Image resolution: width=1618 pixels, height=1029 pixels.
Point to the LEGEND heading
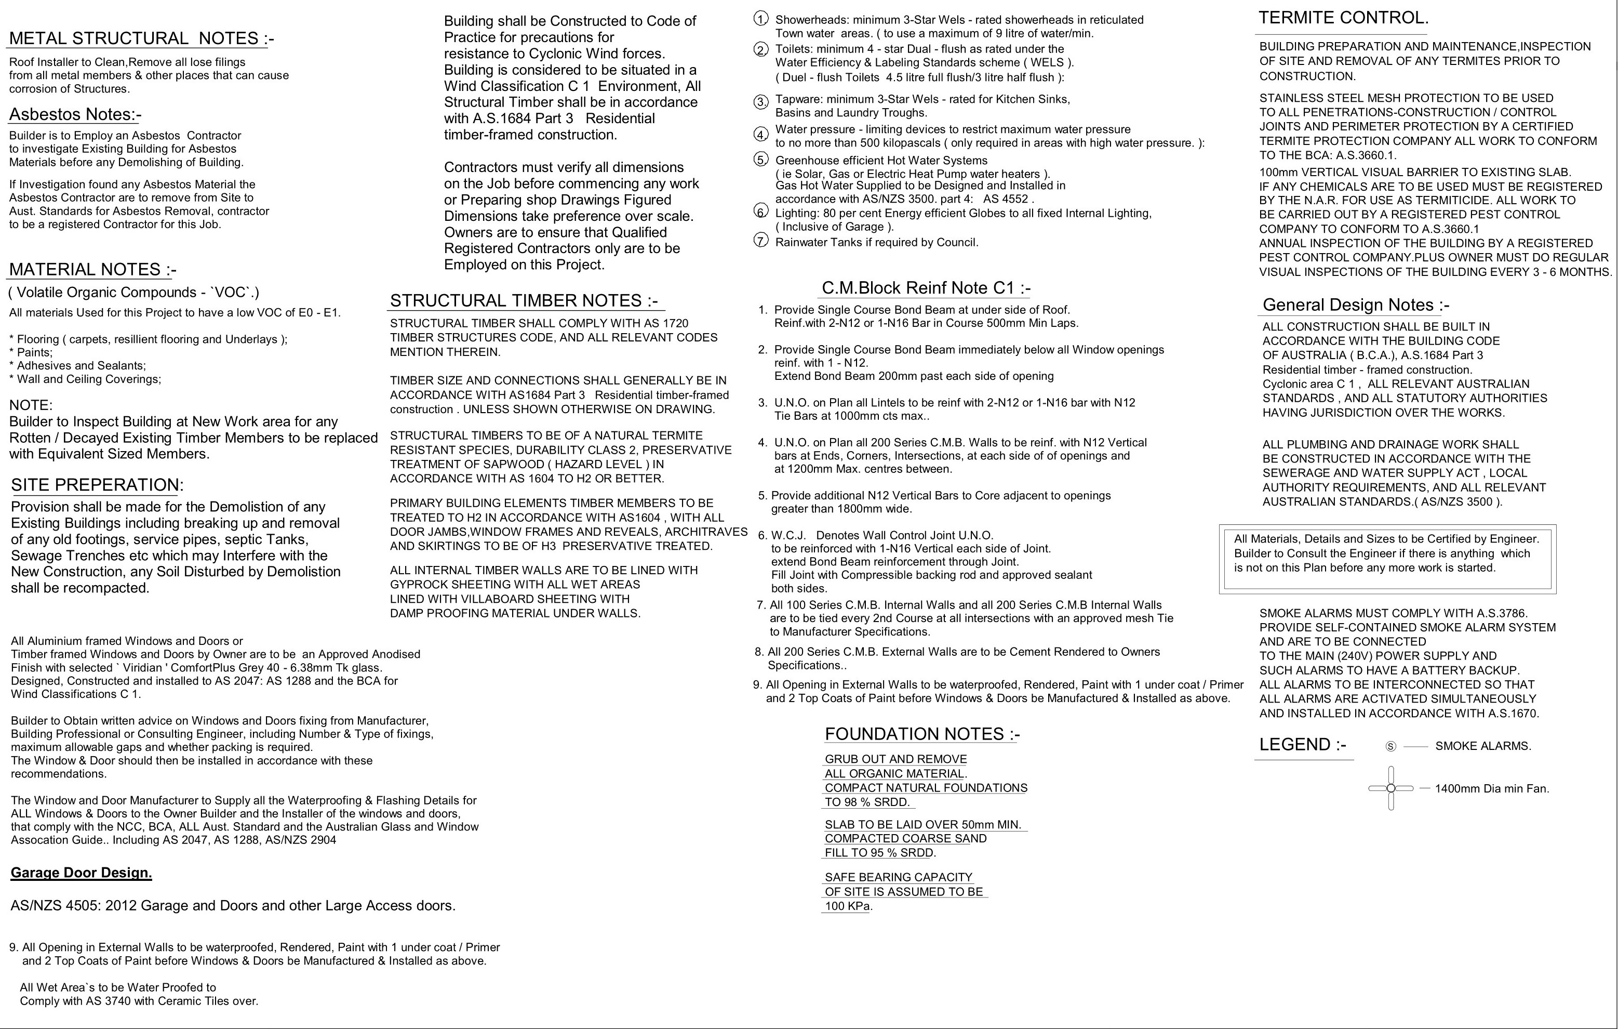(x=1302, y=745)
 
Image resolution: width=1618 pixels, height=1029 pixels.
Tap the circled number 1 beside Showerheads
(x=760, y=19)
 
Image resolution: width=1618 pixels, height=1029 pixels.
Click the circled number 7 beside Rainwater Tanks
(x=760, y=240)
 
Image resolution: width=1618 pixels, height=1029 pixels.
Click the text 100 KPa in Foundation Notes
(x=847, y=906)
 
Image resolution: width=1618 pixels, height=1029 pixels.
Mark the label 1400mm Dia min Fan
(x=1492, y=789)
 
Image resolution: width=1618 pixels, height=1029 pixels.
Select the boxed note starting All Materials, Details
(x=1387, y=553)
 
